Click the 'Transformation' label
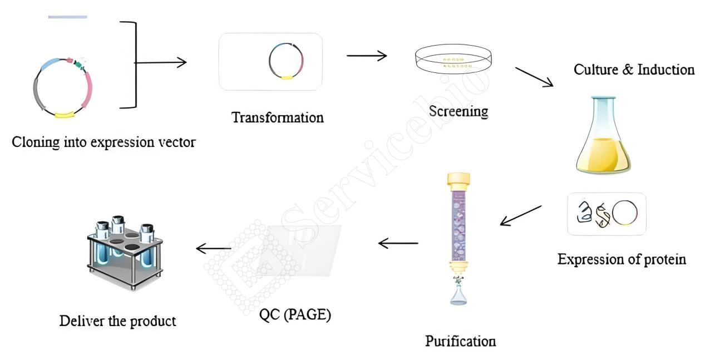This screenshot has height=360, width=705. [277, 118]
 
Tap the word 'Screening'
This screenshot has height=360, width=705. [459, 111]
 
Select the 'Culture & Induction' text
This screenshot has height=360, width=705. [634, 70]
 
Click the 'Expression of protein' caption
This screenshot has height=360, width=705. [622, 260]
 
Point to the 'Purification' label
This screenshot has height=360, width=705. [461, 342]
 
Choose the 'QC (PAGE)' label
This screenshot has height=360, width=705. [295, 315]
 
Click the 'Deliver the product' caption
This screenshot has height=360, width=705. [118, 321]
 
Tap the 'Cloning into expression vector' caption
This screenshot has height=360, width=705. [103, 142]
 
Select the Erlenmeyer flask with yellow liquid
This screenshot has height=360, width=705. [603, 135]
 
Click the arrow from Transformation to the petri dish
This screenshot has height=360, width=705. [367, 56]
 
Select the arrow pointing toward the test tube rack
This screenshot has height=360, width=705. [214, 248]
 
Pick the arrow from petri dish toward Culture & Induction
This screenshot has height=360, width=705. [534, 76]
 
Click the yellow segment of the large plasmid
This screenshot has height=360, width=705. [65, 115]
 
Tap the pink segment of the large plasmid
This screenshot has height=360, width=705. [88, 90]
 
